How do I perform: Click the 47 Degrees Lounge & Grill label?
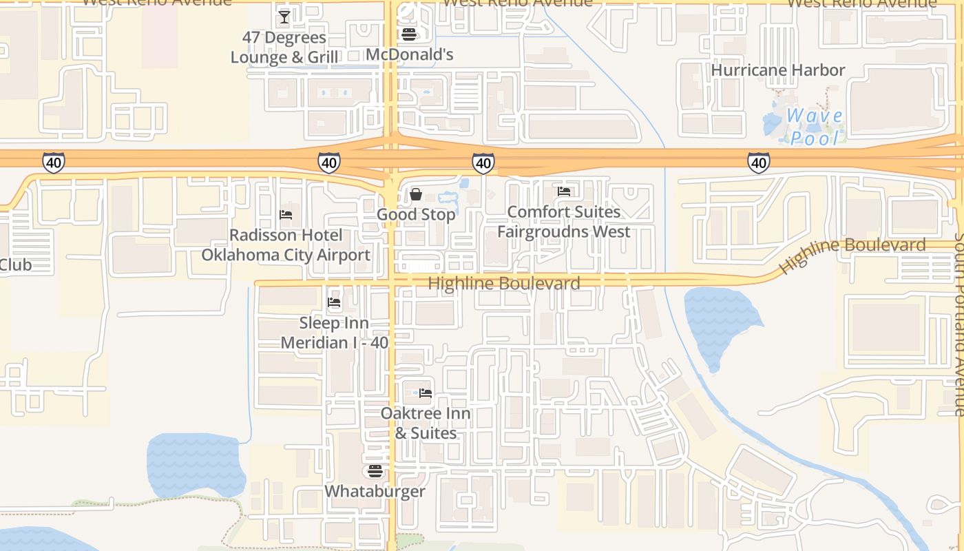284,47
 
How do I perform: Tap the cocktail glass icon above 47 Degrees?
284,17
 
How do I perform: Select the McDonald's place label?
410,54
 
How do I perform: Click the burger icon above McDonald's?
409,34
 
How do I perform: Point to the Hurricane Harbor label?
777,70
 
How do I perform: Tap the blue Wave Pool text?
815,127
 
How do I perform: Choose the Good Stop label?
416,215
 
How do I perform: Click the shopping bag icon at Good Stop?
416,195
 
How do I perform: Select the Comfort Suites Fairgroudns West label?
563,222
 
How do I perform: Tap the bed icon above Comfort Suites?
564,191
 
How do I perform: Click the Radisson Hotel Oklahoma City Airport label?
286,245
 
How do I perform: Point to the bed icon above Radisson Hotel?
286,215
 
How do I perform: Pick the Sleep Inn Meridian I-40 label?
334,333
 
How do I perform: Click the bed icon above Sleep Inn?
334,302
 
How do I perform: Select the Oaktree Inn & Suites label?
426,423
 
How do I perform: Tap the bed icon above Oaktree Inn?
426,393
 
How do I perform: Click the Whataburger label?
375,492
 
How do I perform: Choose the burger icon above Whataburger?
375,471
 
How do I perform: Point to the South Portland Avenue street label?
958,324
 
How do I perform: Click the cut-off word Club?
15,265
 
